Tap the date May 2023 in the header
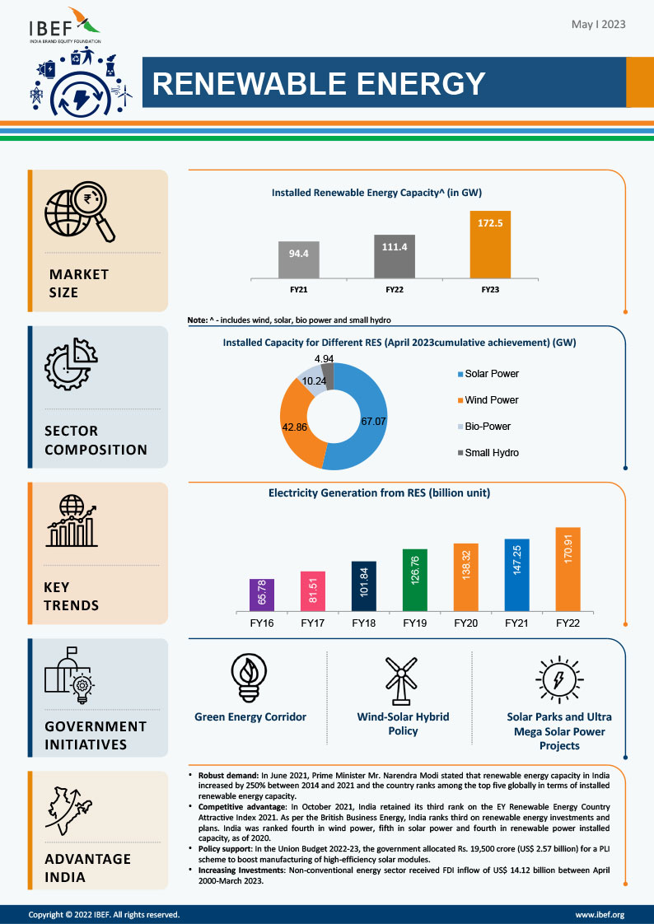[x=598, y=25]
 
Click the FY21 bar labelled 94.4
[x=297, y=259]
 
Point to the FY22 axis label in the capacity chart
[x=395, y=290]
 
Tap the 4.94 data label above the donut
[x=324, y=359]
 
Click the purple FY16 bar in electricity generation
[x=262, y=595]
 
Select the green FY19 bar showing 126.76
[x=415, y=580]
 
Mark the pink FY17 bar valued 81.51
[x=313, y=591]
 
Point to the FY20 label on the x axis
[x=466, y=623]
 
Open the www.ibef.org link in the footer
[x=600, y=914]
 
